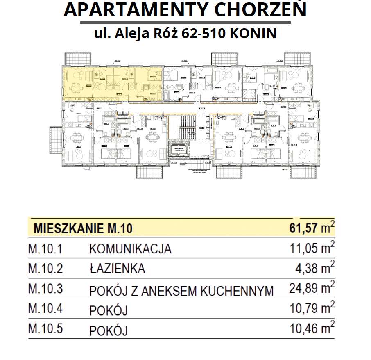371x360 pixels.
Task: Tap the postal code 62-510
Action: click(202, 33)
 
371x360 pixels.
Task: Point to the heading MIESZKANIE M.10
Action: click(83, 228)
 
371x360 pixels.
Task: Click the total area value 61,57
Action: click(303, 228)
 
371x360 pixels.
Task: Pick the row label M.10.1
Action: click(45, 249)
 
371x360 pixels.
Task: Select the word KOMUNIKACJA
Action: click(130, 249)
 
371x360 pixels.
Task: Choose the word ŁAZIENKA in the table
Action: click(117, 269)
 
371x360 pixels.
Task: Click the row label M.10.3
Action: click(45, 289)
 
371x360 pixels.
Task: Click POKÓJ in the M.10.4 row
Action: click(108, 310)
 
